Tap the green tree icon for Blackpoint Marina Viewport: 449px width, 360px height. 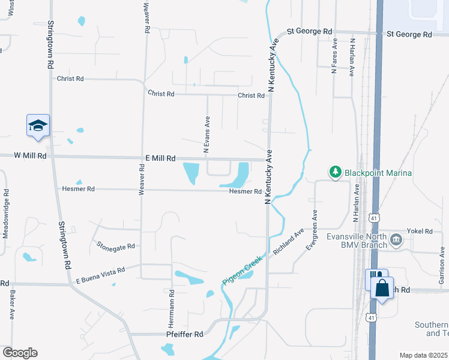pyautogui.click(x=336, y=173)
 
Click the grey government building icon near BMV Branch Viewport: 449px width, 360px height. pyautogui.click(x=396, y=241)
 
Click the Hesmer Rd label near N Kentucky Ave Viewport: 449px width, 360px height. pyautogui.click(x=245, y=192)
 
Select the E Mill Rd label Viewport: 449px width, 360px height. pyautogui.click(x=160, y=158)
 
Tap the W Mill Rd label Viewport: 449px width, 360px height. pyautogui.click(x=30, y=155)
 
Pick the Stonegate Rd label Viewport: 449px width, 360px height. pyautogui.click(x=116, y=246)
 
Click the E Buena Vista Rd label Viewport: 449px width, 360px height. pyautogui.click(x=100, y=275)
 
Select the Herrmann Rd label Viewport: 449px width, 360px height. pyautogui.click(x=172, y=308)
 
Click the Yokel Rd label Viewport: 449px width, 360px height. pyautogui.click(x=420, y=231)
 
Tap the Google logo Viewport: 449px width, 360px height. pyautogui.click(x=20, y=353)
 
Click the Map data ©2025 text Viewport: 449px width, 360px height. pyautogui.click(x=423, y=355)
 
